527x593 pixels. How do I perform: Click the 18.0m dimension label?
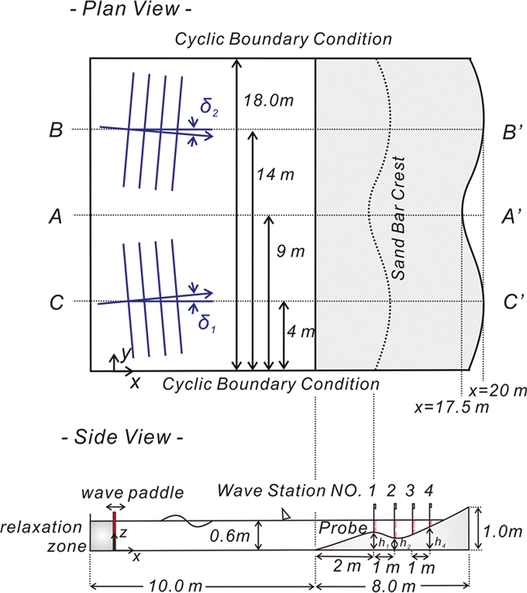tap(268, 101)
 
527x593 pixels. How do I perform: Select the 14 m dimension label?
tap(275, 175)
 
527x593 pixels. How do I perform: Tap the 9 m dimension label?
tap(290, 251)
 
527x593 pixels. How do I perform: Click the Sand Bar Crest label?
tap(398, 218)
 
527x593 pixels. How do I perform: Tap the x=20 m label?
tap(498, 390)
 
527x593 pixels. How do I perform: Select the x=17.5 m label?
tap(451, 407)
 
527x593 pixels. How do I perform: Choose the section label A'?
tap(512, 217)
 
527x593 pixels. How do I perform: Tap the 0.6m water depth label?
tap(230, 536)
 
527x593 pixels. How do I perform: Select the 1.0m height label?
tap(502, 532)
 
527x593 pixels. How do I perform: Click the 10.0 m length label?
tap(175, 585)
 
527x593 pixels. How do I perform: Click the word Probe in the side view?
tap(343, 528)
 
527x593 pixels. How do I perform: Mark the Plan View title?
tap(131, 9)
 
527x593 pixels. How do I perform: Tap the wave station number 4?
tap(429, 491)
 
